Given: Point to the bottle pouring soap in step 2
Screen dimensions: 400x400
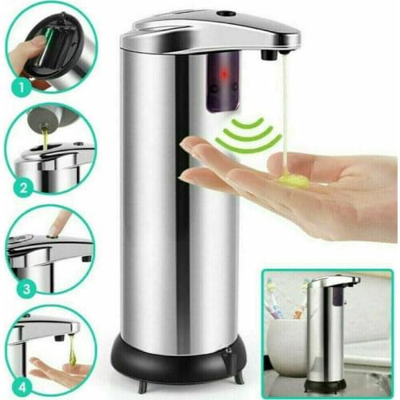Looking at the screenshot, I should pos(42,121).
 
